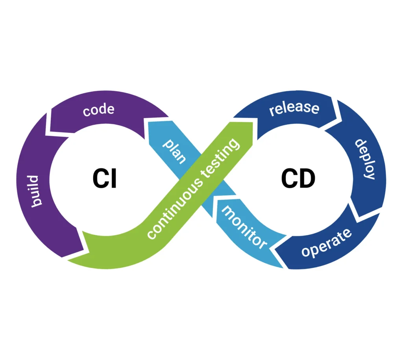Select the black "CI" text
(x=105, y=178)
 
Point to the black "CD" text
(x=298, y=178)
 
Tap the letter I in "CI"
(x=113, y=178)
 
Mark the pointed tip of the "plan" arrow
(x=148, y=123)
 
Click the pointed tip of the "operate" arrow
(x=274, y=249)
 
